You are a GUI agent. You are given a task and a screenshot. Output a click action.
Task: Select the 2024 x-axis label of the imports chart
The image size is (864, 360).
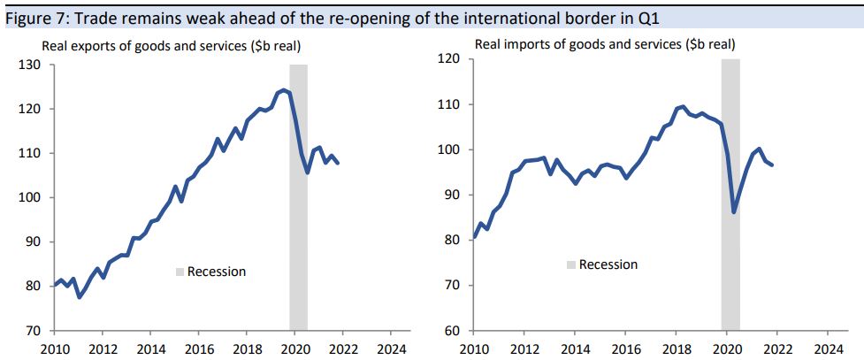(x=829, y=348)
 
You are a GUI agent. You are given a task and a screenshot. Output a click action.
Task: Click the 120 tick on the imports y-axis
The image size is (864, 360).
(x=448, y=59)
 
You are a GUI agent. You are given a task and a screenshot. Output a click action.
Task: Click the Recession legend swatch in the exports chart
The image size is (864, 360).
(x=180, y=272)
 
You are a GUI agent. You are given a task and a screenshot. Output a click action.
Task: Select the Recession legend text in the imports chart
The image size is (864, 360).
(x=608, y=264)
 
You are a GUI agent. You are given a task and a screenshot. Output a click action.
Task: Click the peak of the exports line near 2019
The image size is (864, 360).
(x=282, y=89)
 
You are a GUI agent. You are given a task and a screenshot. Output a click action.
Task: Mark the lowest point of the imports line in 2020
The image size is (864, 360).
(x=734, y=212)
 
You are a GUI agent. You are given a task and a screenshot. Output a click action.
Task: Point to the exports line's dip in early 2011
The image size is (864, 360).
(x=80, y=296)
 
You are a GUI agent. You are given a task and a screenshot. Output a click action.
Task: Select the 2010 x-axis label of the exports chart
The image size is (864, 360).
(x=54, y=348)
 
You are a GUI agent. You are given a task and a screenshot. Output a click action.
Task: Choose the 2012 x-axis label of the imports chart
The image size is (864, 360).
(x=524, y=348)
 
